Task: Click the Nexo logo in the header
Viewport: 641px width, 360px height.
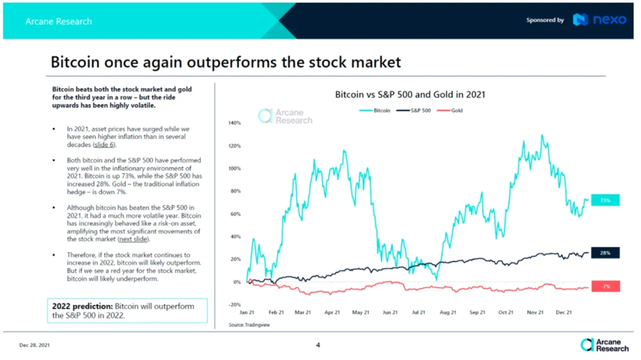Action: [x=599, y=20]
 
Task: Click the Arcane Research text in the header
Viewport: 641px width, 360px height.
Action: [x=58, y=21]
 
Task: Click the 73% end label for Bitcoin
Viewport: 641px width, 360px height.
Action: [x=605, y=200]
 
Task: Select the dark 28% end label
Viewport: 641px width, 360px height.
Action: [x=605, y=253]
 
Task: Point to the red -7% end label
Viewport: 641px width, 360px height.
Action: [x=605, y=286]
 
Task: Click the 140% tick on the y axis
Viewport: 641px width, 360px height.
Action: [x=234, y=123]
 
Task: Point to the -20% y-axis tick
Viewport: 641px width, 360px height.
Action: [x=234, y=304]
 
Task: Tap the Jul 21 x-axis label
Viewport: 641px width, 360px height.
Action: [x=418, y=313]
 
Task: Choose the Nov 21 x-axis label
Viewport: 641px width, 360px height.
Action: [x=535, y=313]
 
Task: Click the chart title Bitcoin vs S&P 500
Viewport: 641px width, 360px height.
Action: [x=410, y=94]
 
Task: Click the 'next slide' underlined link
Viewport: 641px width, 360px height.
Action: [x=133, y=239]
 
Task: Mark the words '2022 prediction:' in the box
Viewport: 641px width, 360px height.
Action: [x=82, y=306]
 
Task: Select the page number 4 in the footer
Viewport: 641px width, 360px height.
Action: [x=318, y=345]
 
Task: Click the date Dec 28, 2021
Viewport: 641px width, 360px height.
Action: [x=34, y=345]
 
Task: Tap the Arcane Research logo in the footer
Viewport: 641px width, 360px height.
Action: [x=604, y=345]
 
